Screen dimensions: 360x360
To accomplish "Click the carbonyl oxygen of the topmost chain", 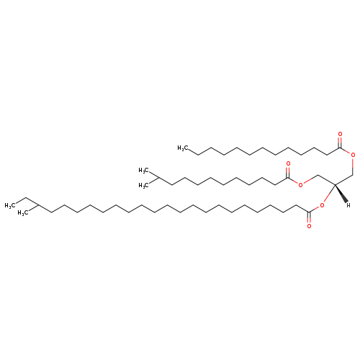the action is tap(340, 134).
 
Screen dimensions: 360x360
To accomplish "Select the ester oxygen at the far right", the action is tap(353, 155).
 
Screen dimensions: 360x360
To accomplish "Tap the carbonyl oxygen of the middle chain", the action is tap(288, 164).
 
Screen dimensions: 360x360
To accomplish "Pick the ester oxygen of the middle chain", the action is tap(300, 184).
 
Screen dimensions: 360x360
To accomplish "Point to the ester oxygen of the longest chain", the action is tap(322, 205).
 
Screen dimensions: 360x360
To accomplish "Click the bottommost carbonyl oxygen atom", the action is tap(309, 226).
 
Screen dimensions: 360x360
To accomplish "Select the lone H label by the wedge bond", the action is tap(348, 205).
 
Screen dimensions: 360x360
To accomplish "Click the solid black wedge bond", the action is tap(341, 193).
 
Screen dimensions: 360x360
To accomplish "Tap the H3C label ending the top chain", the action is tap(182, 148).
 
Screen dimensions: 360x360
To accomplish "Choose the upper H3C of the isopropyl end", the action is tap(143, 171).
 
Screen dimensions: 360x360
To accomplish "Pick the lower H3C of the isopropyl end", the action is tap(143, 186).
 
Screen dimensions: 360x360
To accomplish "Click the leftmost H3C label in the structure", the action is tap(9, 206).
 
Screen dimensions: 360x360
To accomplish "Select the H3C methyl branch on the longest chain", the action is tap(22, 213).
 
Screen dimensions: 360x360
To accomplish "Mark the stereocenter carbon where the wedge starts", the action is tap(335, 184).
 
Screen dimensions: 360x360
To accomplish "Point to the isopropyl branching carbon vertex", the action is tap(158, 178).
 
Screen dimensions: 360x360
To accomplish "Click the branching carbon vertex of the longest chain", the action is tap(38, 205).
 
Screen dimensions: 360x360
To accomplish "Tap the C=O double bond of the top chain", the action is tap(340, 143).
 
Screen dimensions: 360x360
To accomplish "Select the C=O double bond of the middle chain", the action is tap(288, 172).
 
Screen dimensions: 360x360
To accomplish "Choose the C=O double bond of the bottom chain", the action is tap(309, 217).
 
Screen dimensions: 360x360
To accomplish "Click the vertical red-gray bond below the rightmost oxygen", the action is tap(353, 166).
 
